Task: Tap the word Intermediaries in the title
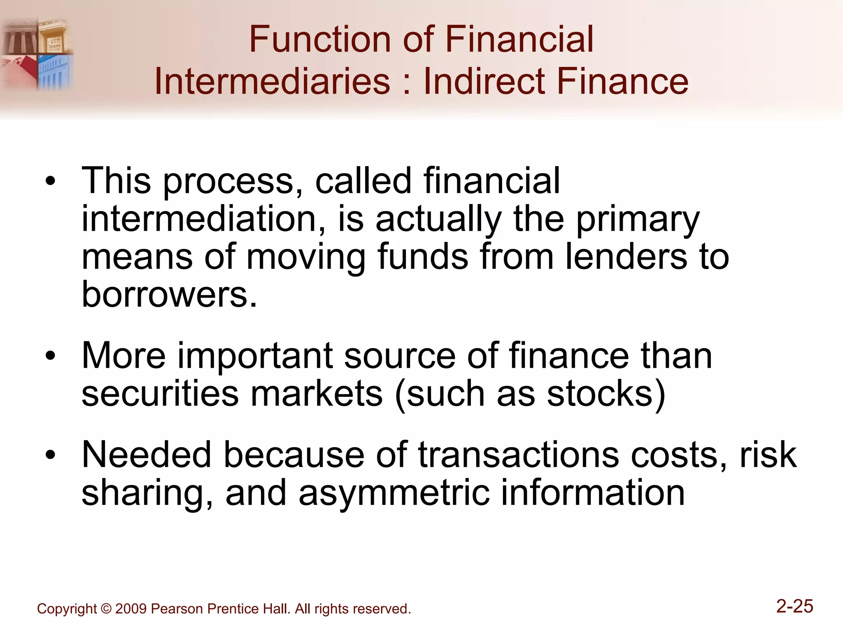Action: (272, 81)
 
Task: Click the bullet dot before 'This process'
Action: (50, 181)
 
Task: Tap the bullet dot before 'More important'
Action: (50, 356)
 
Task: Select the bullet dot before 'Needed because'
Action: (50, 455)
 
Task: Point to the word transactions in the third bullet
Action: (518, 455)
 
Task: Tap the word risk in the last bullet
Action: (768, 455)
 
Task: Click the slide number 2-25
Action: (794, 607)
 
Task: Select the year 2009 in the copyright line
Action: (131, 609)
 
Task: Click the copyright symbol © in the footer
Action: (106, 609)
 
